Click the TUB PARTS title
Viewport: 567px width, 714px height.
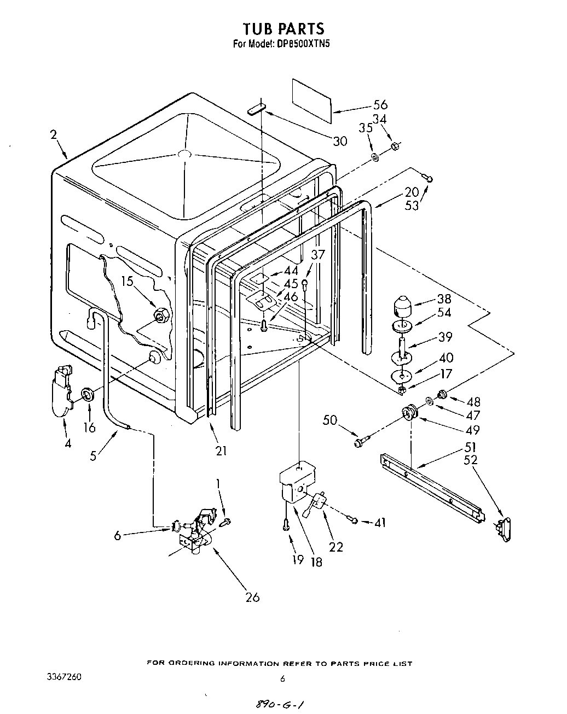[283, 28]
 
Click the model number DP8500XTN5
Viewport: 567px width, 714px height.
[303, 44]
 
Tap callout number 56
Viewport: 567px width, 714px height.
[380, 105]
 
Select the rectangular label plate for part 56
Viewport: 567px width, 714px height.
[312, 100]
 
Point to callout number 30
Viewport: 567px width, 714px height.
[340, 141]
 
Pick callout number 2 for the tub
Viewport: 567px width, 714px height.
[54, 134]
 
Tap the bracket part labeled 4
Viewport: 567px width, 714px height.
[62, 388]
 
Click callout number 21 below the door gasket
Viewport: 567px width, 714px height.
[221, 450]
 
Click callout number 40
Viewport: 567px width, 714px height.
[446, 358]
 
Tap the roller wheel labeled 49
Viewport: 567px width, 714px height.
[409, 414]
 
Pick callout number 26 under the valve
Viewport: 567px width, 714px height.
[252, 597]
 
